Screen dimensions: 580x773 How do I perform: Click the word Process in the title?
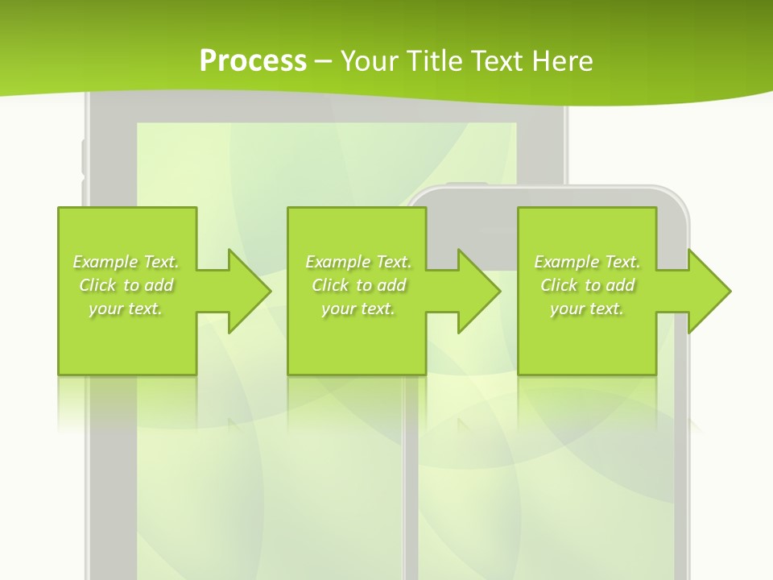pos(253,61)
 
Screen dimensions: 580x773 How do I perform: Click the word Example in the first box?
pos(105,262)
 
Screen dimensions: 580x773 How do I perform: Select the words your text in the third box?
pos(587,309)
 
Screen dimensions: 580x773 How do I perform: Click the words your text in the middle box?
pos(358,309)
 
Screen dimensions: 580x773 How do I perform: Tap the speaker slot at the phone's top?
pos(467,185)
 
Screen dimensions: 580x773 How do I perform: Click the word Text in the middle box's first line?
pos(393,262)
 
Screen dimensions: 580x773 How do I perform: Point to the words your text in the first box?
pos(126,309)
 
